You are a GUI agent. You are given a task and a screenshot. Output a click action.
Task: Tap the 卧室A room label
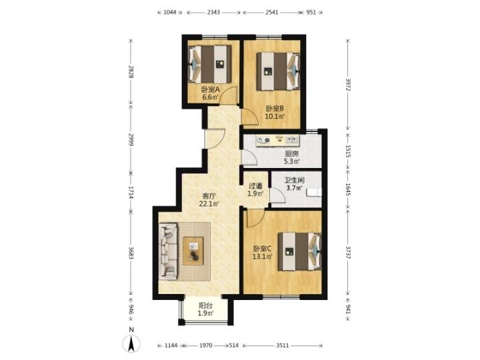point(211,90)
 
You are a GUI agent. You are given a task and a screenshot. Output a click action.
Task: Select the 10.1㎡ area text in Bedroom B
point(275,116)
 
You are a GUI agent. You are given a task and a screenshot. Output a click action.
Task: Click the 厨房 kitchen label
point(291,154)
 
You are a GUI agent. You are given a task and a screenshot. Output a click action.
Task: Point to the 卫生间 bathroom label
point(295,180)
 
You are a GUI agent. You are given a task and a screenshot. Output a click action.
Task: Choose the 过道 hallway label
point(255,186)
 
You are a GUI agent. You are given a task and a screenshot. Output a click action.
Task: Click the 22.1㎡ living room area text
point(209,203)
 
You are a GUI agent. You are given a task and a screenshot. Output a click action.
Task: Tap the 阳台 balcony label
point(206,305)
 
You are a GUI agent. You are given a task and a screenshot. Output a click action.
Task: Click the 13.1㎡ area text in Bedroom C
point(263,257)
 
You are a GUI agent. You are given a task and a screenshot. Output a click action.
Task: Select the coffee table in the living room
point(193,251)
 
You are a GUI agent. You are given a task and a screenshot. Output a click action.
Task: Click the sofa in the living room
point(169,251)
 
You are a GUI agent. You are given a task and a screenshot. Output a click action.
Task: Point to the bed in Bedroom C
point(300,251)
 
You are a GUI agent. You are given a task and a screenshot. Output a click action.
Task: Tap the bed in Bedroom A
point(210,65)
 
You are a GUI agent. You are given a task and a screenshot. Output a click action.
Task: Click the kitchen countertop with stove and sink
point(277,141)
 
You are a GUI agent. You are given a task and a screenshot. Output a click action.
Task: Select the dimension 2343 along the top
point(213,13)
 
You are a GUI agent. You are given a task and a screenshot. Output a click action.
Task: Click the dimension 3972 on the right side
point(348,85)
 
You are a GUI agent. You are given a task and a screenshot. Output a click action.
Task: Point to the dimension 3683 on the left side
point(131,253)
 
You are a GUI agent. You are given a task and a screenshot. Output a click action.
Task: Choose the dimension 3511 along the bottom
point(282,345)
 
